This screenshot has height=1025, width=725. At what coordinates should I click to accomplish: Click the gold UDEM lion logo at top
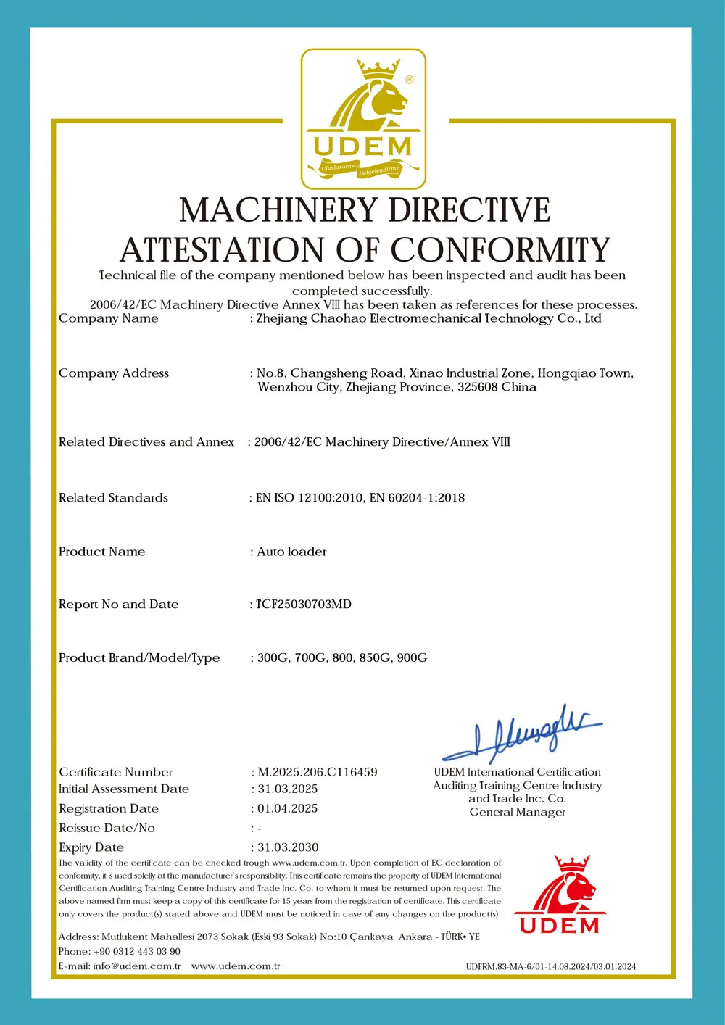click(x=363, y=119)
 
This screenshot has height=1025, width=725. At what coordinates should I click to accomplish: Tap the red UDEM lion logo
click(x=560, y=895)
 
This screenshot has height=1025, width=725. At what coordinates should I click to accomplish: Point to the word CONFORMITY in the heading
click(x=501, y=250)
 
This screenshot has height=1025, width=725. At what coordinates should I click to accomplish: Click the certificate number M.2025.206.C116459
click(x=318, y=772)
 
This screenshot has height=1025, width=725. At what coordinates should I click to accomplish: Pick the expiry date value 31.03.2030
click(x=288, y=847)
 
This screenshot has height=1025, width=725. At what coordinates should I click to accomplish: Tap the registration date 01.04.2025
click(x=288, y=808)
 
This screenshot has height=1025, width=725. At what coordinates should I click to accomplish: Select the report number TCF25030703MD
click(x=304, y=605)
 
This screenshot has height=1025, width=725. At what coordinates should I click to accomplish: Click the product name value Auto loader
click(x=291, y=552)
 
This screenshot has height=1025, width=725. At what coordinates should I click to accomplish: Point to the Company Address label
click(x=114, y=373)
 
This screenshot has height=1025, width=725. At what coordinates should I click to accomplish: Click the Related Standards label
click(x=113, y=498)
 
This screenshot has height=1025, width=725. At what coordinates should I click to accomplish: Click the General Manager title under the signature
click(x=517, y=812)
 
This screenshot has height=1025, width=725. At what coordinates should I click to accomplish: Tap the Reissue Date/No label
click(x=107, y=828)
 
